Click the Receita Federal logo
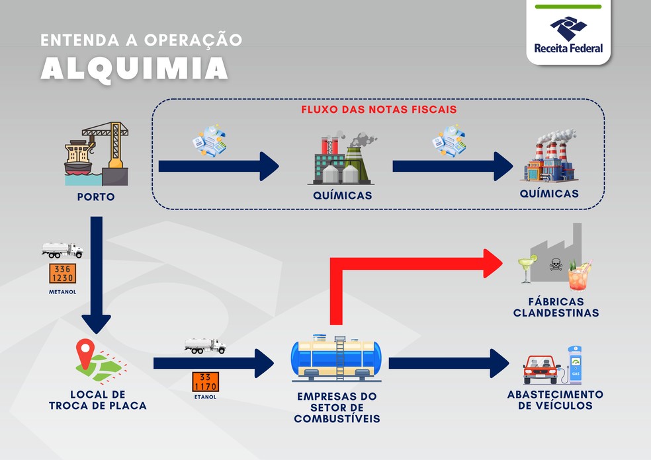coord(568,34)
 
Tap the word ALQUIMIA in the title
coord(134,67)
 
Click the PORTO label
coord(96,197)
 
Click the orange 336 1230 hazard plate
coord(62,274)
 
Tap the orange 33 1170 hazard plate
coord(205,381)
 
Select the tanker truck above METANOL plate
coord(62,250)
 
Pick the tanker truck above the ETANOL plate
coord(205,346)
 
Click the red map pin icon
coord(85,354)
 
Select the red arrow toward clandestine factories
coord(410,264)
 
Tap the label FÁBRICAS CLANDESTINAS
coord(556,307)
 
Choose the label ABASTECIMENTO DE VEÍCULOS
coord(555,400)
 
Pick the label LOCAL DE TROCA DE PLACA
coord(97,400)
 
